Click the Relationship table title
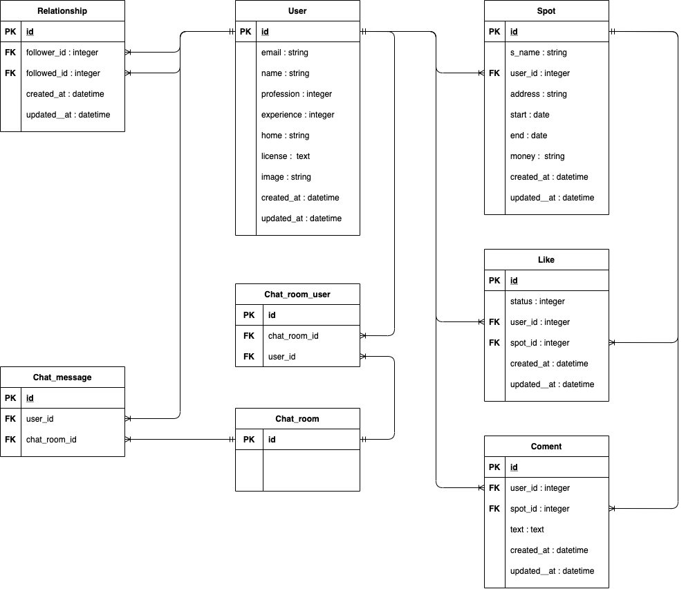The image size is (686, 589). [62, 11]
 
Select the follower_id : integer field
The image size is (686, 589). [62, 53]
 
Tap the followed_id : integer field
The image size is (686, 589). [62, 73]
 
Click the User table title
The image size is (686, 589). [297, 11]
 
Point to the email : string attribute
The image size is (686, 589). [285, 53]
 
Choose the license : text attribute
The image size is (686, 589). [286, 156]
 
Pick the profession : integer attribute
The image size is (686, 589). [297, 94]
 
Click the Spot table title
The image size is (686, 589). [546, 11]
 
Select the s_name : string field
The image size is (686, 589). [538, 53]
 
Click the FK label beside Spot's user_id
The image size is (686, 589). [494, 73]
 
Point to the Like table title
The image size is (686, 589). [546, 260]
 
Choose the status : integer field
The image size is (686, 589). [537, 301]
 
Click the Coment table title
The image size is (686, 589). [546, 447]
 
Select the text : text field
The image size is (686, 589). [527, 530]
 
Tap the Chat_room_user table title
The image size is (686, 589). [297, 294]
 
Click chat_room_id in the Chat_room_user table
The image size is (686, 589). [293, 336]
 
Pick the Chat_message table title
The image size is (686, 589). [62, 377]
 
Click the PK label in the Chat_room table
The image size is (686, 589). [249, 440]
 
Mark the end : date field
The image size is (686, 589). [529, 135]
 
